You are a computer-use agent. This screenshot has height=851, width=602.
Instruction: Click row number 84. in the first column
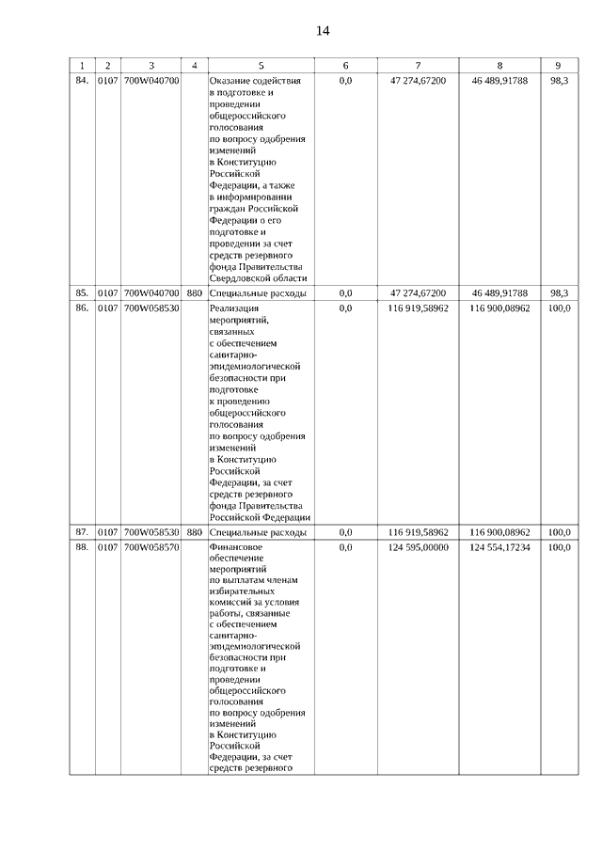[82, 82]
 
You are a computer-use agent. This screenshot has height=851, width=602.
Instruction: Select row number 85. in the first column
[82, 293]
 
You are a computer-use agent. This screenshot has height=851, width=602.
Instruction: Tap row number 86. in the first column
[82, 308]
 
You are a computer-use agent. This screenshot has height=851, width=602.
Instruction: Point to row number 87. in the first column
[82, 532]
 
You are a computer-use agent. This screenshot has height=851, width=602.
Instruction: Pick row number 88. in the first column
[82, 547]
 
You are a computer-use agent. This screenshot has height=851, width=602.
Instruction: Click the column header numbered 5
[261, 66]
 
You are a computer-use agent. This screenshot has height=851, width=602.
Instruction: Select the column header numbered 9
[559, 66]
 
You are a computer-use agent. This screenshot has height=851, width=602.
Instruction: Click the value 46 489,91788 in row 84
[499, 82]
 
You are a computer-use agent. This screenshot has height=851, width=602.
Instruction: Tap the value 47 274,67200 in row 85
[418, 293]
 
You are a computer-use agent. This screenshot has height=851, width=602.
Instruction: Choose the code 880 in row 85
[194, 293]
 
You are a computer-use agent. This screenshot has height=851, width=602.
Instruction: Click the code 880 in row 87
[194, 532]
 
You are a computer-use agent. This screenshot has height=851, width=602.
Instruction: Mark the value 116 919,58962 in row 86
[418, 308]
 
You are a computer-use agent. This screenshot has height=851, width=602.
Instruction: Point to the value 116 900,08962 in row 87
[499, 532]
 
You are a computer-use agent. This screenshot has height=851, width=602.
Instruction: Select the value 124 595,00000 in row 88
[418, 547]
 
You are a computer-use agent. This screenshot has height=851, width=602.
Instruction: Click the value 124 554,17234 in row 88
[499, 547]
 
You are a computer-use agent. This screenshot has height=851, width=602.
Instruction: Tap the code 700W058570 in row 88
[151, 547]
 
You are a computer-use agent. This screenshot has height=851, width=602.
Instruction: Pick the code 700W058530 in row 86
[151, 308]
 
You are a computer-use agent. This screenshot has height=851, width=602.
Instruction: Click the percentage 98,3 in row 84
[559, 82]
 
